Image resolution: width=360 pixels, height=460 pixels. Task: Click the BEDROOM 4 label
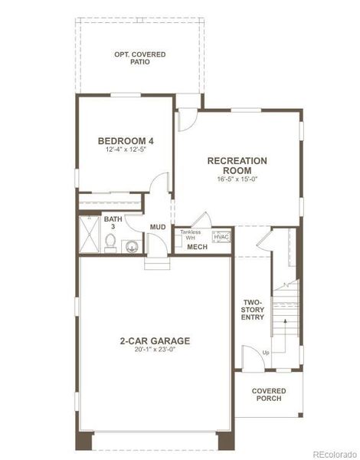[126, 141]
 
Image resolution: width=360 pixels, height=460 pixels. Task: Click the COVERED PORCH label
[269, 394]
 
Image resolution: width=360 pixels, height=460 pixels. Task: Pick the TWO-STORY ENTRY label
[254, 309]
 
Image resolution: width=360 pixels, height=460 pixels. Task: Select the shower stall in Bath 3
[89, 235]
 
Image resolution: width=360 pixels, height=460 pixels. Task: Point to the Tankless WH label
[191, 235]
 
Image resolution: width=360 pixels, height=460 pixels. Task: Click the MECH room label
[197, 247]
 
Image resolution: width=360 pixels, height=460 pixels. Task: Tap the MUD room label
[158, 227]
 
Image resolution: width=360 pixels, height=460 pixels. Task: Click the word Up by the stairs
[266, 353]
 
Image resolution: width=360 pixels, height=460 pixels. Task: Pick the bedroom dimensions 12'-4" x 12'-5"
[126, 150]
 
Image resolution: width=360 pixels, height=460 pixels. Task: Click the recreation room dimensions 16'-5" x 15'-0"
[237, 179]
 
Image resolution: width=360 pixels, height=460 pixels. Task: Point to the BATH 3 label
[113, 223]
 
